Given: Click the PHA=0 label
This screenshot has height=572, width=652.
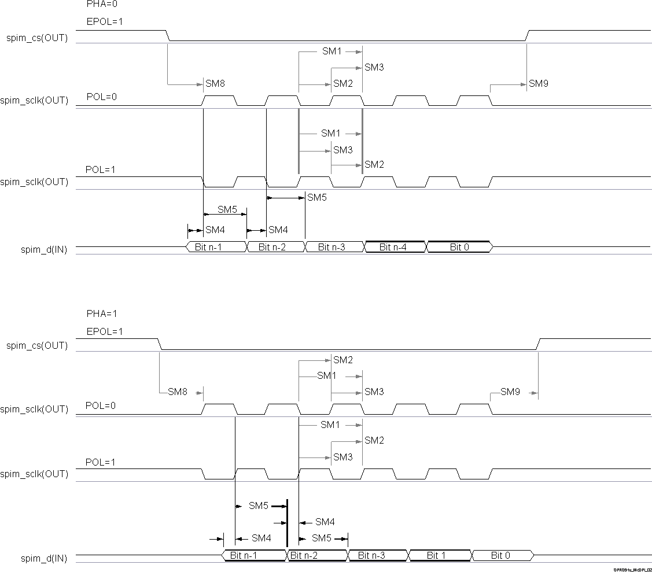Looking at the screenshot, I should pos(101,3).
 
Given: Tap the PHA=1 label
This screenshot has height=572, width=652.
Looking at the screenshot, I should pos(101,313).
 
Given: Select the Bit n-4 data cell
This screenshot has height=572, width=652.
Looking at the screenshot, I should pos(393,247).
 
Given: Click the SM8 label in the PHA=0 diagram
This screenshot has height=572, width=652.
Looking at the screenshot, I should pos(215,84).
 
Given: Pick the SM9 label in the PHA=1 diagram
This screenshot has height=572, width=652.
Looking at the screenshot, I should pos(510,392).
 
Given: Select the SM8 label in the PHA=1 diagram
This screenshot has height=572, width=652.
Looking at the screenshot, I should pos(178,392).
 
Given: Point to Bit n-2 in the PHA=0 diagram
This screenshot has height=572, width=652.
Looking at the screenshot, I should pos(273,247).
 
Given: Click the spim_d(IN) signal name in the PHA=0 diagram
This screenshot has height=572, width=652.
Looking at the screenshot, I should pos(44,249).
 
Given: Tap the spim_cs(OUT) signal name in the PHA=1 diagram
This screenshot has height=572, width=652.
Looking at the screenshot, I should pos(37,346).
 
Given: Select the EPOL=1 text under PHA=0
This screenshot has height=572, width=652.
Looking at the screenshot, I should pos(104,22).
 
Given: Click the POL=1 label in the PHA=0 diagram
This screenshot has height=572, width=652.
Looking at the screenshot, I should pos(101,169).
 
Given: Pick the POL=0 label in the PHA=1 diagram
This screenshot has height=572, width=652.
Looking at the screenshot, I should pos(101,405).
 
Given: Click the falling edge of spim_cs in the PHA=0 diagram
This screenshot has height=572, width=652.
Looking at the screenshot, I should pos(168,35).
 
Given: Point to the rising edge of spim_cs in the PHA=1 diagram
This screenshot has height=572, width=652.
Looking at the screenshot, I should pos(538,344).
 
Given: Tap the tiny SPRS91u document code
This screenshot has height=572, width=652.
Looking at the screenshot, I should pos(633,569).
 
